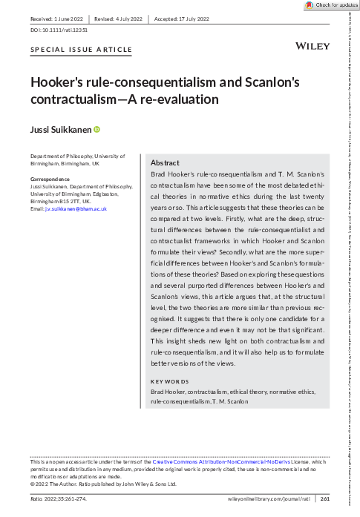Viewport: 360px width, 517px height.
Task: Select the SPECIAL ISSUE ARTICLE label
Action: [x=81, y=50]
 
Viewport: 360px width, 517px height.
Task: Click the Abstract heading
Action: [x=165, y=162]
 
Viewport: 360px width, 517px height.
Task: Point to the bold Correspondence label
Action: [x=50, y=180]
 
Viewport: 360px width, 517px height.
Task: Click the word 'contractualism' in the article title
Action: [x=78, y=98]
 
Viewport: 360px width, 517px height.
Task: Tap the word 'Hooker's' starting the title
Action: [x=59, y=83]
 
